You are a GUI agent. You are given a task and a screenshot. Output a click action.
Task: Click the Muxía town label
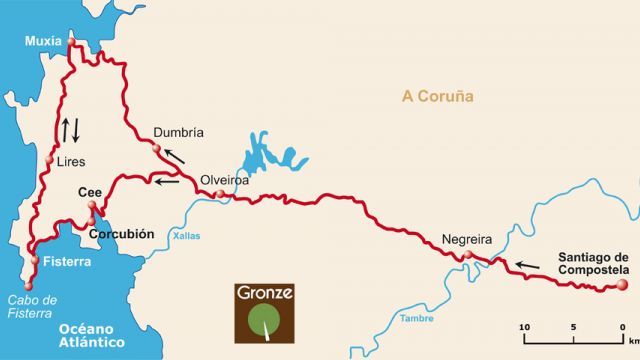(43, 41)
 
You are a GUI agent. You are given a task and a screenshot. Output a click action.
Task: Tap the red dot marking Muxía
(71, 42)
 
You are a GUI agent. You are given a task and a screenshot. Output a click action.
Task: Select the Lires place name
(72, 160)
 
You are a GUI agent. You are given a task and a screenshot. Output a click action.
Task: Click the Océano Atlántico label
(90, 336)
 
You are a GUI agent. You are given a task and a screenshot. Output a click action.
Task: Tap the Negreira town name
(467, 240)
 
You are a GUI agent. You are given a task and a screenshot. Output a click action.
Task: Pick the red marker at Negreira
(466, 256)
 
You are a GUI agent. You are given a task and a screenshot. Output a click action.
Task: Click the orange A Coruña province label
(436, 97)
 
